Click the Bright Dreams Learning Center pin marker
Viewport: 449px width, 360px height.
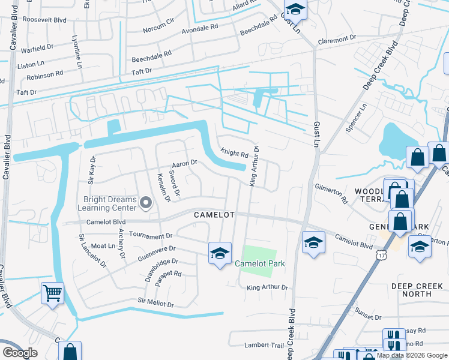click(x=145, y=203)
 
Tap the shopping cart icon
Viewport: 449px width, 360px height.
click(x=52, y=293)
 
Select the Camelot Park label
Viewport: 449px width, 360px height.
click(x=259, y=263)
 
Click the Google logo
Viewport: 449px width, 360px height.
click(x=19, y=353)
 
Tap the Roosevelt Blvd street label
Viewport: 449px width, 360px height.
click(x=44, y=19)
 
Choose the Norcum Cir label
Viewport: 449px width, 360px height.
click(x=158, y=28)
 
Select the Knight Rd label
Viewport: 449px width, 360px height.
click(x=234, y=154)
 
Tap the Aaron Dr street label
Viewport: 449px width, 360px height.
click(x=184, y=163)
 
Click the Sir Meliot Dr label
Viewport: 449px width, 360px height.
click(x=155, y=303)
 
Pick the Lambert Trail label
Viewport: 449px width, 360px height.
click(x=264, y=345)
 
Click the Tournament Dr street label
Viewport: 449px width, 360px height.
click(x=151, y=236)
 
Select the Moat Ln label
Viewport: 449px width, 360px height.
click(x=103, y=246)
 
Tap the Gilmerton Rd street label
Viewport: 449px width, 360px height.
click(x=331, y=194)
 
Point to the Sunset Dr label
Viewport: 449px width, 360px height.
click(x=368, y=314)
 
